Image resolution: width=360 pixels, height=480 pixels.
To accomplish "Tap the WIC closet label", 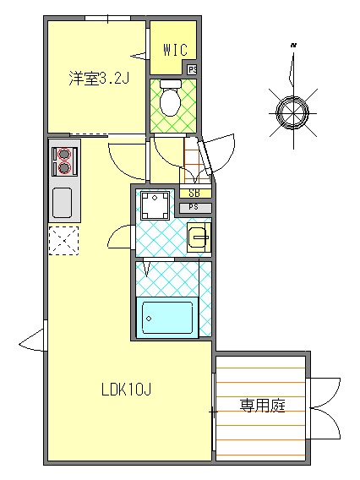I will (x=174, y=50).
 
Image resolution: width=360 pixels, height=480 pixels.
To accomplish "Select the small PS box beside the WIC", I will (x=193, y=69).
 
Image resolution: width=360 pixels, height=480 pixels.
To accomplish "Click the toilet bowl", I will (x=171, y=101).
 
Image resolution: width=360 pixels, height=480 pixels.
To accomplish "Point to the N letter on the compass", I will (x=293, y=44).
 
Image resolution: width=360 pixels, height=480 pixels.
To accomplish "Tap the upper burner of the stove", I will (x=63, y=154).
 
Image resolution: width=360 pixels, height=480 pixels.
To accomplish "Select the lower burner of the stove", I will (x=63, y=167).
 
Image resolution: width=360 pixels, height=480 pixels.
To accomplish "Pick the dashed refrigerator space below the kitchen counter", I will (x=63, y=241).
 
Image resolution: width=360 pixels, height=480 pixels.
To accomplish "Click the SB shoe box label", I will (x=194, y=194).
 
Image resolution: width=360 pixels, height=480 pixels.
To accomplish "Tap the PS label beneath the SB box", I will (x=194, y=207).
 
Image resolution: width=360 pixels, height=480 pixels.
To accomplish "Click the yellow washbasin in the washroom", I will (x=198, y=237).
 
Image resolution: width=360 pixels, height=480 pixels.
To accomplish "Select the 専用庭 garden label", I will (x=261, y=406).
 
